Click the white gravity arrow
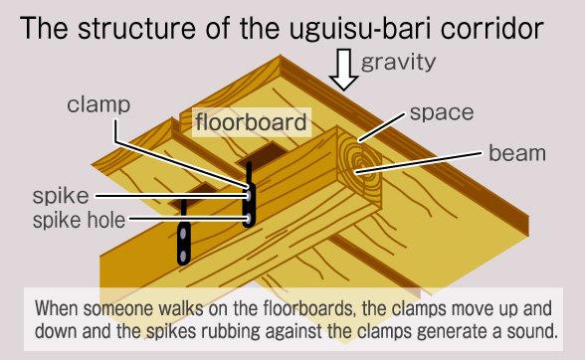pos(344,70)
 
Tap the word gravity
pos(398,63)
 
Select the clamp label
pos(98,105)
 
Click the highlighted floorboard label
pos(251,121)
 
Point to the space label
pos(442,113)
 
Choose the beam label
pos(517,153)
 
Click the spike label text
pos(61,196)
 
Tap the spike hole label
pos(79,220)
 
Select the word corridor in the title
pos(492,29)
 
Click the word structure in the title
pos(136,29)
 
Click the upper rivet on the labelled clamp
pos(248,195)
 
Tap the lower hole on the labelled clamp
pos(248,218)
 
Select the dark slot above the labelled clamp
pos(263,155)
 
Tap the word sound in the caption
pos(531,331)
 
